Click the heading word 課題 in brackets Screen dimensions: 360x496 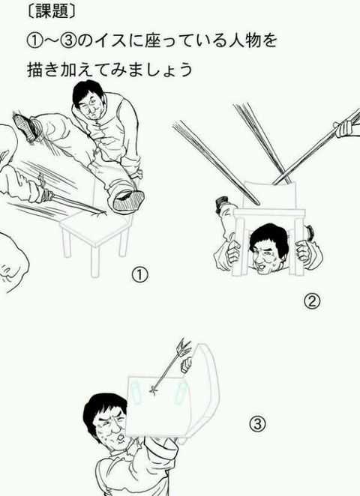52,12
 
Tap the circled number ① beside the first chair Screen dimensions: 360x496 139,275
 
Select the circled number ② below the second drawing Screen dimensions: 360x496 312,301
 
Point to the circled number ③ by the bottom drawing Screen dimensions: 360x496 256,423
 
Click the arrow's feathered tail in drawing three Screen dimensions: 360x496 184,347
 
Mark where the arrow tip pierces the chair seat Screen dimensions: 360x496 154,390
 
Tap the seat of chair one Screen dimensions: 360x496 95,228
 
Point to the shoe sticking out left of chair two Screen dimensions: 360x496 221,203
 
